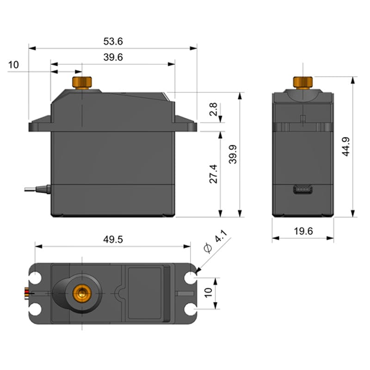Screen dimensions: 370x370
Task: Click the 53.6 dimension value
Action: pos(113,42)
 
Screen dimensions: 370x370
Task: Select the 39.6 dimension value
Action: pos(113,57)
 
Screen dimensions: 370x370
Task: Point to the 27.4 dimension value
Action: pos(213,173)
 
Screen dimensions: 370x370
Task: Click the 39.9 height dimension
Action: pos(233,154)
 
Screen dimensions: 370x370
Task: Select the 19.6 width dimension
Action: pos(303,231)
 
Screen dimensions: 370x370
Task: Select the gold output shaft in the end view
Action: pos(302,82)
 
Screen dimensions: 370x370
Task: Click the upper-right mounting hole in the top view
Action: pos(190,278)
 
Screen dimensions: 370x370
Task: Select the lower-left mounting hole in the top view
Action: pos(36,308)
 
